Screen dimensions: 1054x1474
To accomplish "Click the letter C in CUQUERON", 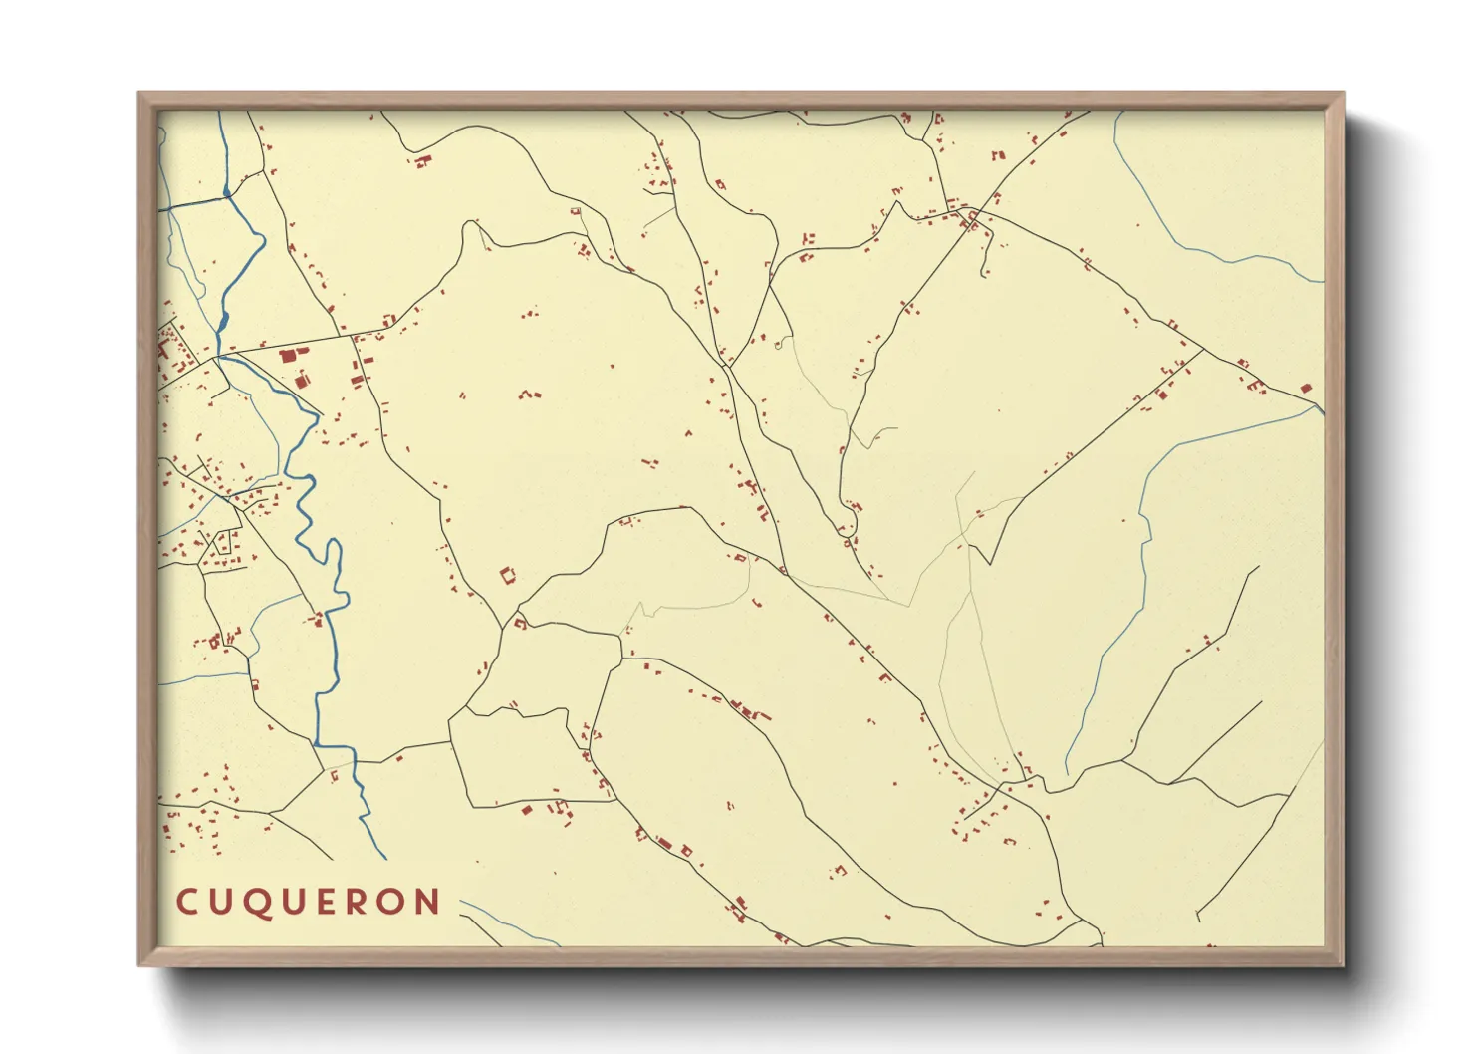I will coord(185,903).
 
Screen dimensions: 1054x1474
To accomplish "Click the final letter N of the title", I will coord(429,903).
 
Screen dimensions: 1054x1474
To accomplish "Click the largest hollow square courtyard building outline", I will coord(508,575).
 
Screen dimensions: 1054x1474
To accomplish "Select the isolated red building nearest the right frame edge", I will coord(1306,389).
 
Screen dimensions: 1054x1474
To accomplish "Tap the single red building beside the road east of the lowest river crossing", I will coord(399,758).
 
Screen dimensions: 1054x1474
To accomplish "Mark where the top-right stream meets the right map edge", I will coord(1324,282).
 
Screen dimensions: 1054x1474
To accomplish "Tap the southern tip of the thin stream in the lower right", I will coord(1066,774).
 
